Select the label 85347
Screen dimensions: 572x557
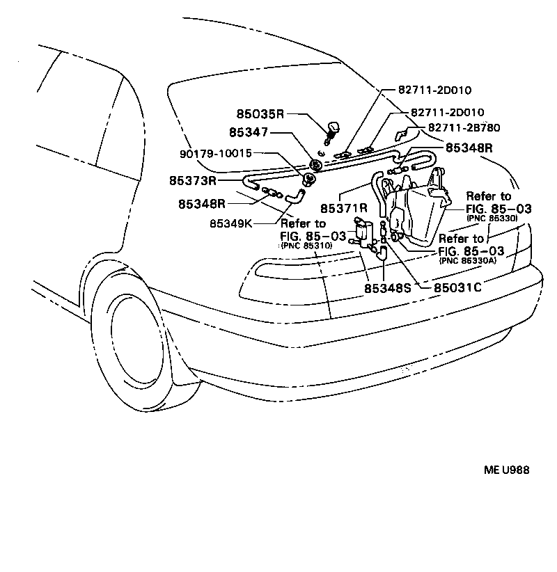click(x=250, y=132)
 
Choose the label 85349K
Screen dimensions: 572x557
click(x=233, y=224)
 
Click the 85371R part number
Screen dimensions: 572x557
click(x=344, y=207)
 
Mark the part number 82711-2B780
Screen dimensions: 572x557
click(x=464, y=127)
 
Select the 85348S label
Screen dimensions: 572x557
click(x=388, y=286)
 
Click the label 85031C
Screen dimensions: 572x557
click(x=458, y=286)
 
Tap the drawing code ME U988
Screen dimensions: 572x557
click(x=507, y=470)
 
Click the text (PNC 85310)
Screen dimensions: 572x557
click(x=307, y=246)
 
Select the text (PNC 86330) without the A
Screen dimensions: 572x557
click(x=492, y=218)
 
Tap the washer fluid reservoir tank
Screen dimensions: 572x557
click(x=418, y=216)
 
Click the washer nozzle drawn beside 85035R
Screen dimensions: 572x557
click(x=332, y=129)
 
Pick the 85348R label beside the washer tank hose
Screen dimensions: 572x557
click(x=469, y=148)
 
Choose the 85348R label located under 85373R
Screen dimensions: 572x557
click(x=202, y=204)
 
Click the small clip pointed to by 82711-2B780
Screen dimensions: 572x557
click(x=402, y=134)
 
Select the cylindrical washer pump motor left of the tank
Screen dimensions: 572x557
click(x=362, y=232)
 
